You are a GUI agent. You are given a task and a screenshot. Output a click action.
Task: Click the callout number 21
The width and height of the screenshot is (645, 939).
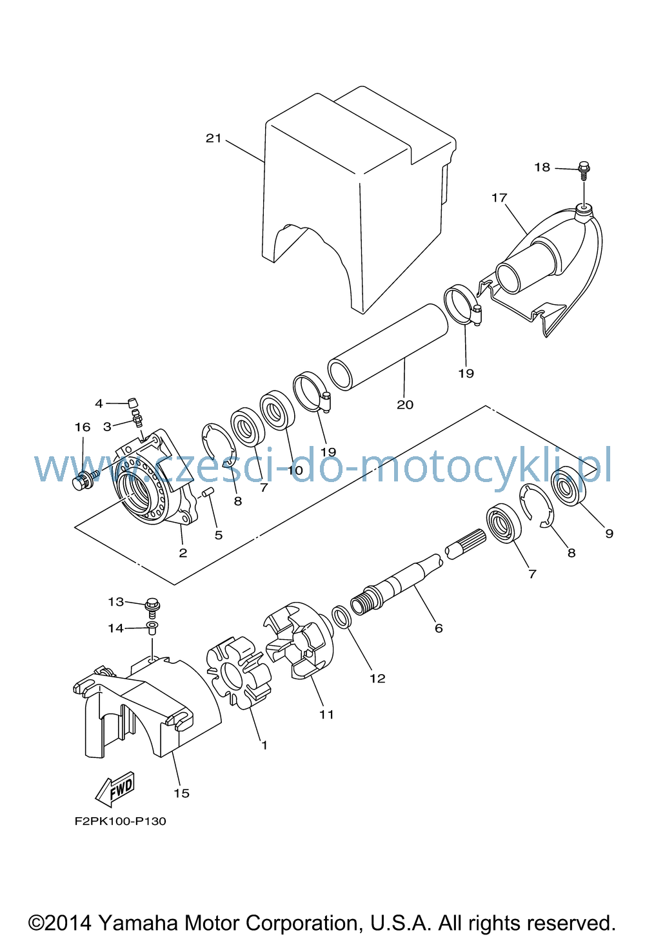point(213,138)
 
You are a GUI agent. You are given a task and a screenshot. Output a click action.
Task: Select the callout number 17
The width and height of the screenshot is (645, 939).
point(499,197)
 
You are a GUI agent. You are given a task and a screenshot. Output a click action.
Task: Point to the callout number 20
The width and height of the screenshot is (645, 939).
point(405,405)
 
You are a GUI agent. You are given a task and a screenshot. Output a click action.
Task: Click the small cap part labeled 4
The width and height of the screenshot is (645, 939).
point(133,403)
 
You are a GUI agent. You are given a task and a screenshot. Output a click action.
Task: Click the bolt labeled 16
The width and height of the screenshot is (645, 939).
point(85,479)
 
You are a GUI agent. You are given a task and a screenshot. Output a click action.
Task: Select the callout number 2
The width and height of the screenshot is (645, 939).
point(183,552)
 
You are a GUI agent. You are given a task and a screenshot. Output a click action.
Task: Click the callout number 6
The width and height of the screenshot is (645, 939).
point(439,628)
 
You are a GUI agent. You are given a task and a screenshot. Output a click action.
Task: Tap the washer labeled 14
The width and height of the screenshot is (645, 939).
point(152,628)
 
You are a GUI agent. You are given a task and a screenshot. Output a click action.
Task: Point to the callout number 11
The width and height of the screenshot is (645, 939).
point(326,714)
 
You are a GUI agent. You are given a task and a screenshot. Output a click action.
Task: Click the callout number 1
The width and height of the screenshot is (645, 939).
point(264,745)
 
